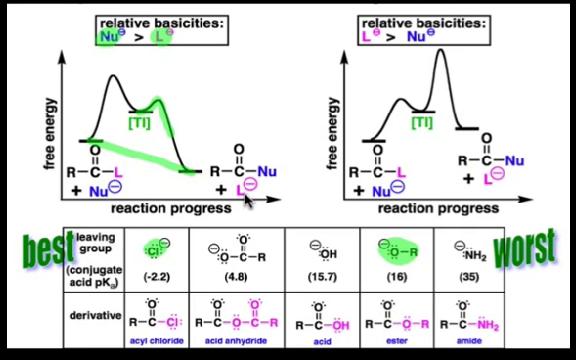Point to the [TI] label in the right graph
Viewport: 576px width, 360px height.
point(421,122)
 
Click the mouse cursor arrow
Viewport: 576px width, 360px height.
point(247,200)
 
